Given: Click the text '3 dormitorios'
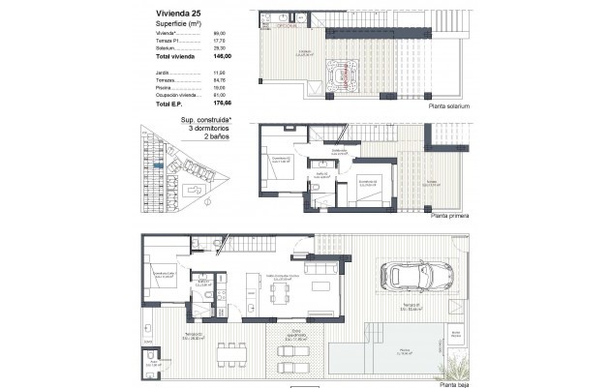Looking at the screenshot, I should click(x=198, y=130).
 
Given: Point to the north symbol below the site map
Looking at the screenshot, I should click(x=206, y=203).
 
